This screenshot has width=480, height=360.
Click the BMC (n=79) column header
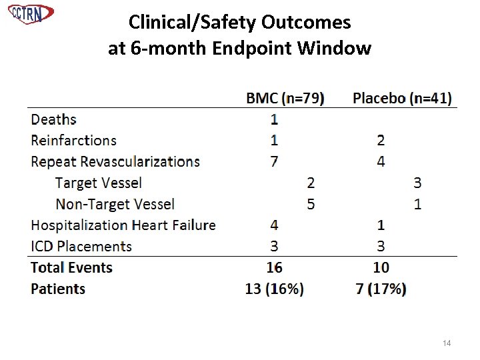[x=285, y=98]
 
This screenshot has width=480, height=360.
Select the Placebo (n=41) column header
[x=401, y=98]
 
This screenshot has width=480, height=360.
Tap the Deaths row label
[x=54, y=119]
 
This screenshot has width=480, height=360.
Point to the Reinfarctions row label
[x=73, y=140]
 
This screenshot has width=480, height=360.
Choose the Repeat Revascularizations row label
[x=115, y=161]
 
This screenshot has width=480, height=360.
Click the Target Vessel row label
[x=99, y=183]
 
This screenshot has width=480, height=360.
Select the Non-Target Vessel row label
[x=115, y=204]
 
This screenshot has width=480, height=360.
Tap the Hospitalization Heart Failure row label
[x=123, y=225]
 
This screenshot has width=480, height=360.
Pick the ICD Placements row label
[x=81, y=247]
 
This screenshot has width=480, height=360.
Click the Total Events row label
[x=72, y=268]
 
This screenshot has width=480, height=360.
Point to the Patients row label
[x=58, y=289]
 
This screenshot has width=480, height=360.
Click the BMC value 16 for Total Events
[x=274, y=268]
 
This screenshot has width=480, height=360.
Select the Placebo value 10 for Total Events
[x=381, y=268]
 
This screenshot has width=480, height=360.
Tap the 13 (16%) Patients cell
[x=274, y=289]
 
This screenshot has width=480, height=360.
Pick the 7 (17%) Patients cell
[x=381, y=289]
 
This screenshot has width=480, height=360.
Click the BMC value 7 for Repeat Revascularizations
[x=274, y=161]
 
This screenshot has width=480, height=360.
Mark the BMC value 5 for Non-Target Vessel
[x=311, y=204]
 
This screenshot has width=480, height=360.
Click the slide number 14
[x=447, y=343]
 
